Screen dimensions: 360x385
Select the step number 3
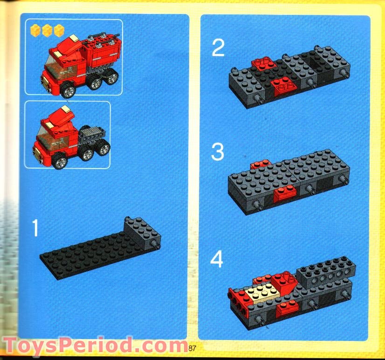[x=218, y=152]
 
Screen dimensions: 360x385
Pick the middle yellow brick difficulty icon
[x=47, y=31]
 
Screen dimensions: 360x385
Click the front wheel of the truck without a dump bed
[x=60, y=162]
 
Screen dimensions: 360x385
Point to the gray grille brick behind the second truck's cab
[x=91, y=136]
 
